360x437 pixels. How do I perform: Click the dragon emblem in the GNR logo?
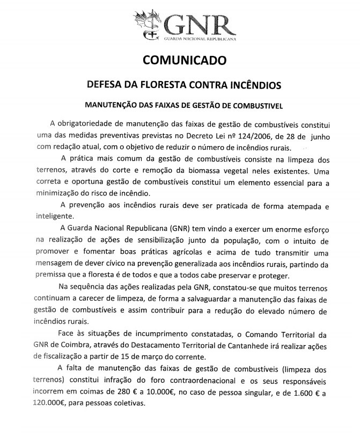coord(148,23)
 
